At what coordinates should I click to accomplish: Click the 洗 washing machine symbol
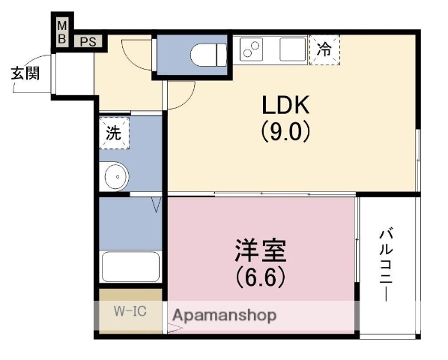point(113,134)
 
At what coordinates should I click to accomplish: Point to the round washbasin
point(115,177)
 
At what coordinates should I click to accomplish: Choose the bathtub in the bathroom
point(130,266)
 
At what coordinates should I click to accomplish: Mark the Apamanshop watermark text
point(225,315)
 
